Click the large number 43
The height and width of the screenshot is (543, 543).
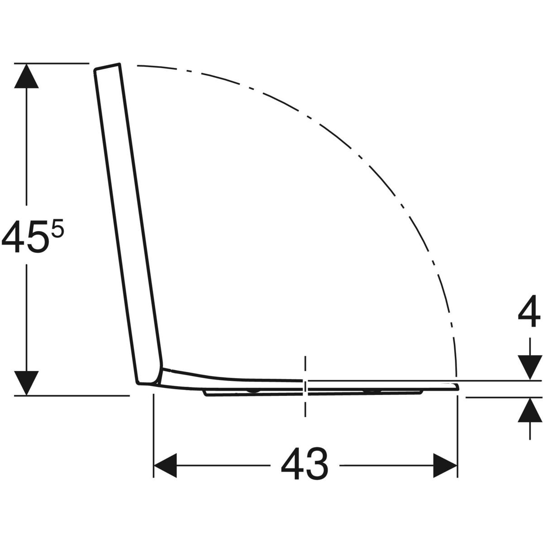(305, 463)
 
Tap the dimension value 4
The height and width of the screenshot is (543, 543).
(529, 311)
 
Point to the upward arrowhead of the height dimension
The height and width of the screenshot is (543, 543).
(26, 76)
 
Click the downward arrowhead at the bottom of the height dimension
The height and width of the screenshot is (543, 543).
(26, 383)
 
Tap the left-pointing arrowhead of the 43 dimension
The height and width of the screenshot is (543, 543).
(166, 465)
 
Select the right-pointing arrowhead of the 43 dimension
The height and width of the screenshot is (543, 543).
(445, 465)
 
